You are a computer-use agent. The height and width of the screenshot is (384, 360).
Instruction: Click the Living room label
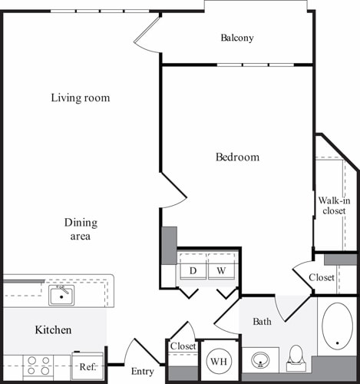tap(81, 98)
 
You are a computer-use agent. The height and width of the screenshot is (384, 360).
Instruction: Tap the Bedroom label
tap(237, 157)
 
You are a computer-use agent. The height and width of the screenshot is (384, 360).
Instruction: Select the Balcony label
tap(237, 38)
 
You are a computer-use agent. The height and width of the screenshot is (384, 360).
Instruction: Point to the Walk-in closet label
tap(334, 205)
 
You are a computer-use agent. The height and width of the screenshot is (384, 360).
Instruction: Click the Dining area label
tap(81, 229)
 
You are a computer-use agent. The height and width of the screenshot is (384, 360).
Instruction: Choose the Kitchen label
tap(54, 329)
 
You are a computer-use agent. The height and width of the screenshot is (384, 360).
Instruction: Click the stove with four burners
tap(39, 366)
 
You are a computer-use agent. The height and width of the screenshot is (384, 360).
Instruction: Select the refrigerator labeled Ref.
tap(87, 366)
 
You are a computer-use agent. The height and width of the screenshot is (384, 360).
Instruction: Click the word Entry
tap(143, 372)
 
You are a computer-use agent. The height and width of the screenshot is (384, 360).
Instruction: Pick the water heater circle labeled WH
tap(218, 361)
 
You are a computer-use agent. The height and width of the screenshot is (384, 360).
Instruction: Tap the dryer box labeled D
tap(193, 270)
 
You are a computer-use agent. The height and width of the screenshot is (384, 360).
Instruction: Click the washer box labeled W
tap(220, 270)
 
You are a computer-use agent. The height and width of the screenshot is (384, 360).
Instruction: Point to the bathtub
tap(337, 326)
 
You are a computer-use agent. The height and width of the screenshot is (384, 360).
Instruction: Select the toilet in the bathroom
tap(296, 356)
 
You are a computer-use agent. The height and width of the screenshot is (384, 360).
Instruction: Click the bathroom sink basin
tap(262, 359)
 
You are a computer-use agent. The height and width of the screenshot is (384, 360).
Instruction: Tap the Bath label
tap(262, 321)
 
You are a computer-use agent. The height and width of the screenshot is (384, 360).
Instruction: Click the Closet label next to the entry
tap(183, 346)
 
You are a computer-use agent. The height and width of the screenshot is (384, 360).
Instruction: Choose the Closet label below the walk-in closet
tap(322, 277)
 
